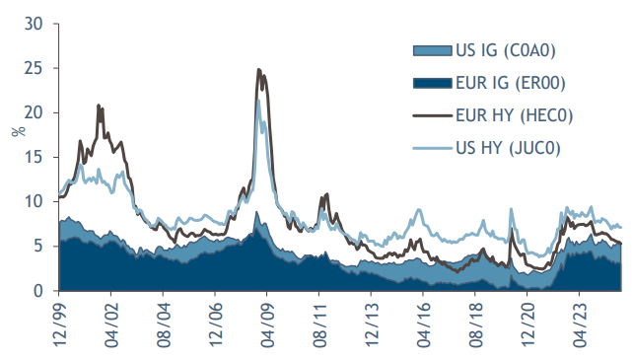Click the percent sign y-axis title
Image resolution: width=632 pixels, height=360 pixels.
point(15,129)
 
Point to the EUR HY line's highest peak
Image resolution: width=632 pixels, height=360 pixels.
point(258,70)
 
